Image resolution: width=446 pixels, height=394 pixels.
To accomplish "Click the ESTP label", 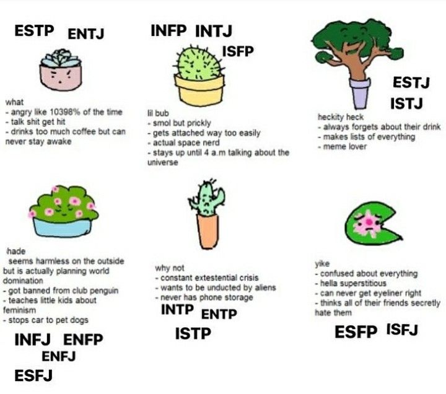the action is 34,31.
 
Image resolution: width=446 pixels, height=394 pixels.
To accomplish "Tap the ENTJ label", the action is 86,34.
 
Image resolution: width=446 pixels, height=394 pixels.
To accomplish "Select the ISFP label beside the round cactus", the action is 238,51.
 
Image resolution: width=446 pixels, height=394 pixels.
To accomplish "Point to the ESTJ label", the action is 411,82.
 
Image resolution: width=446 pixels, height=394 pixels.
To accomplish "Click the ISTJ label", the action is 406,103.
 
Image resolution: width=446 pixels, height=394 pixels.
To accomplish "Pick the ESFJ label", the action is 33,375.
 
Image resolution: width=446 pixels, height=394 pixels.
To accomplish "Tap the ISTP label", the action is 193,333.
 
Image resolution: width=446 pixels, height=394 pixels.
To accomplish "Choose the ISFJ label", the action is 402,330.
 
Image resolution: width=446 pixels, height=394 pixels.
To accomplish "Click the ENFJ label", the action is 59,356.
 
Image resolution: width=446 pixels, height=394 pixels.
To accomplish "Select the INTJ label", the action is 214,31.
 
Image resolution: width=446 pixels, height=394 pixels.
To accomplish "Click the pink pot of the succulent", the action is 61,77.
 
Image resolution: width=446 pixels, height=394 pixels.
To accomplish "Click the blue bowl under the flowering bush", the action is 63,227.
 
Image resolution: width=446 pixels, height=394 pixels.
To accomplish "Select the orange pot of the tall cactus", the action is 208,231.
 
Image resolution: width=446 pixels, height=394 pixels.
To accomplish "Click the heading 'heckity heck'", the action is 341,117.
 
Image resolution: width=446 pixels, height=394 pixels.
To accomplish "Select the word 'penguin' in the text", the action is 104,291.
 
